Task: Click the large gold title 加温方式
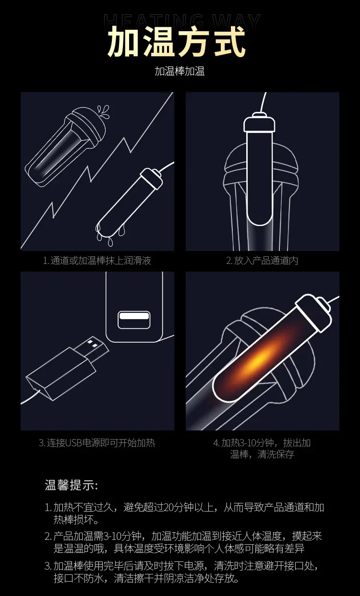pos(176,42)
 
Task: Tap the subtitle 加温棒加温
pos(180,72)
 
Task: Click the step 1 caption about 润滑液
pos(97,261)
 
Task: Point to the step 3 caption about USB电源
pos(97,443)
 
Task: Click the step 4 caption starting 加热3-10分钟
pos(262,449)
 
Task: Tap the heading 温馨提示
pos(72,485)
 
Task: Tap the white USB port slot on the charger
pos(134,316)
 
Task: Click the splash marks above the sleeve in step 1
pos(104,111)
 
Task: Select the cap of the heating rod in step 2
pos(259,122)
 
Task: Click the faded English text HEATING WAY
pos(181,21)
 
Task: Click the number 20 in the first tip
pos(169,507)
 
